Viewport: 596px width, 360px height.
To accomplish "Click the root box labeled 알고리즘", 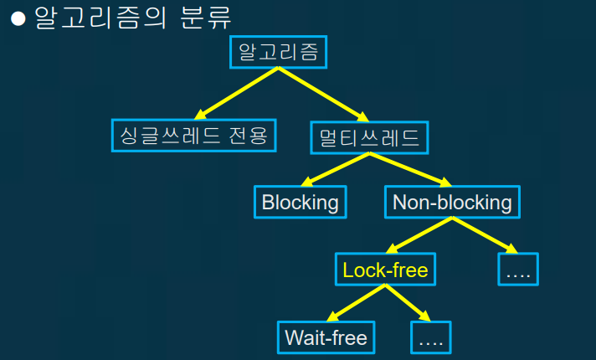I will point(278,53).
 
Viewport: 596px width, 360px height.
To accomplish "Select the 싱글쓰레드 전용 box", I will point(193,135).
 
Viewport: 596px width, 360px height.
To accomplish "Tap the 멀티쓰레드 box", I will point(368,136).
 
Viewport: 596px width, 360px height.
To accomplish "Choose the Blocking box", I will point(300,202).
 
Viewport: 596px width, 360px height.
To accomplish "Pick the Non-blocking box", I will point(452,202).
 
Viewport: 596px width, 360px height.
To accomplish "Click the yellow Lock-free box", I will point(385,270).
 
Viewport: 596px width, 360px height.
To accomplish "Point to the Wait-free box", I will point(326,337).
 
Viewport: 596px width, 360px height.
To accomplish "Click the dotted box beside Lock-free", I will point(518,270).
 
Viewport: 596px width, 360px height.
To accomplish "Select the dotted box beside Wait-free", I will point(432,337).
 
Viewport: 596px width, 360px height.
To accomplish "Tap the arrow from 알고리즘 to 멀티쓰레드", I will point(322,95).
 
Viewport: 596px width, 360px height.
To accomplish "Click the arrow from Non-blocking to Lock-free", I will point(420,235).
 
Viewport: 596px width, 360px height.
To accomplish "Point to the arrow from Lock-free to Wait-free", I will point(356,303).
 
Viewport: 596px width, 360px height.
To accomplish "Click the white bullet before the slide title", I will point(18,20).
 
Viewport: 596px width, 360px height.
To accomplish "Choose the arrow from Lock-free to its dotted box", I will point(407,303).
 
